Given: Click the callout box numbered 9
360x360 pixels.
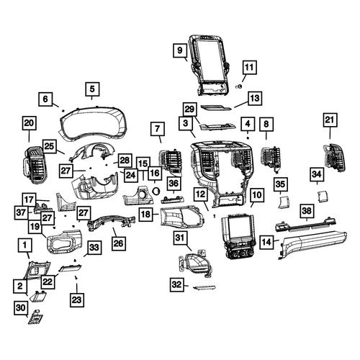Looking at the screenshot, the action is pos(180,50).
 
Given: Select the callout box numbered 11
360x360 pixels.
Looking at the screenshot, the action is pos(249,68).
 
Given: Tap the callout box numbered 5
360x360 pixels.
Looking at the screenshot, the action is pos(92,89).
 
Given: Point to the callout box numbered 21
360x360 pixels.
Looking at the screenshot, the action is pos(330,120).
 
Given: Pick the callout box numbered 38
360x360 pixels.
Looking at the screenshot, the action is pos(307,211).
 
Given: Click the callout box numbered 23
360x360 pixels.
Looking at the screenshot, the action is pos(77,300).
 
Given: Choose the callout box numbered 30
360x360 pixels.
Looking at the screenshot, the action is pos(21,307).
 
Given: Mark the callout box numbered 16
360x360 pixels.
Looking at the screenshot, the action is pos(155,173).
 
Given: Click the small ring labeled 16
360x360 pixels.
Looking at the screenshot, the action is pos(156,191).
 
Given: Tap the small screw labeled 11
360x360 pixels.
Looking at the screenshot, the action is pos(239,86).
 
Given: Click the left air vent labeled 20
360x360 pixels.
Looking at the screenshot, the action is pos(35,164).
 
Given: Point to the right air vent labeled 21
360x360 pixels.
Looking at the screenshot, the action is pos(334,158).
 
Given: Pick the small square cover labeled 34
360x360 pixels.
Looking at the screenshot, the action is pos(323,196).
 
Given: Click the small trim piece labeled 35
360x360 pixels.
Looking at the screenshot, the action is pos(284,202).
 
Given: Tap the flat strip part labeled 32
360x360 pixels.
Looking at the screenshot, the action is pos(204,287).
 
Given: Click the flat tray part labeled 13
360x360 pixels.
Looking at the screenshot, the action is pos(215,107).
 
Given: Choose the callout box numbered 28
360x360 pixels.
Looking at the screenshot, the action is pos(125,161).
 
